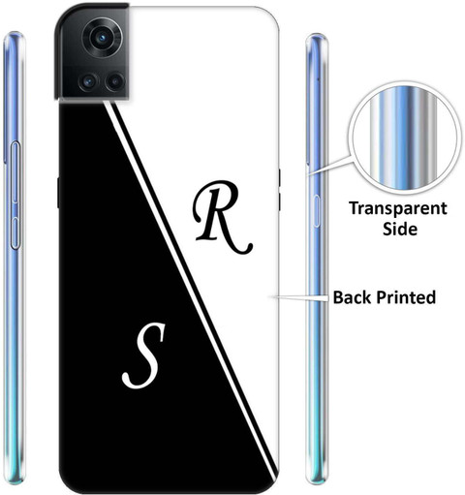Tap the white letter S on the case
(x=144, y=356)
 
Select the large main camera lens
(x=103, y=38)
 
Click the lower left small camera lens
(x=88, y=81)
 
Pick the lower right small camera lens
(x=114, y=81)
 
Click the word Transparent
(x=398, y=209)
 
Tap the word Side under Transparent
(x=400, y=229)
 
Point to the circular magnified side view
(x=405, y=138)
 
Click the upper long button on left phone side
(x=15, y=172)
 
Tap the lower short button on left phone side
(x=15, y=233)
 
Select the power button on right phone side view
(x=317, y=210)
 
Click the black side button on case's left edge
(x=58, y=193)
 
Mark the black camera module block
(x=92, y=51)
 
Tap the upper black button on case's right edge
(x=279, y=177)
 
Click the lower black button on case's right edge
(x=279, y=201)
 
